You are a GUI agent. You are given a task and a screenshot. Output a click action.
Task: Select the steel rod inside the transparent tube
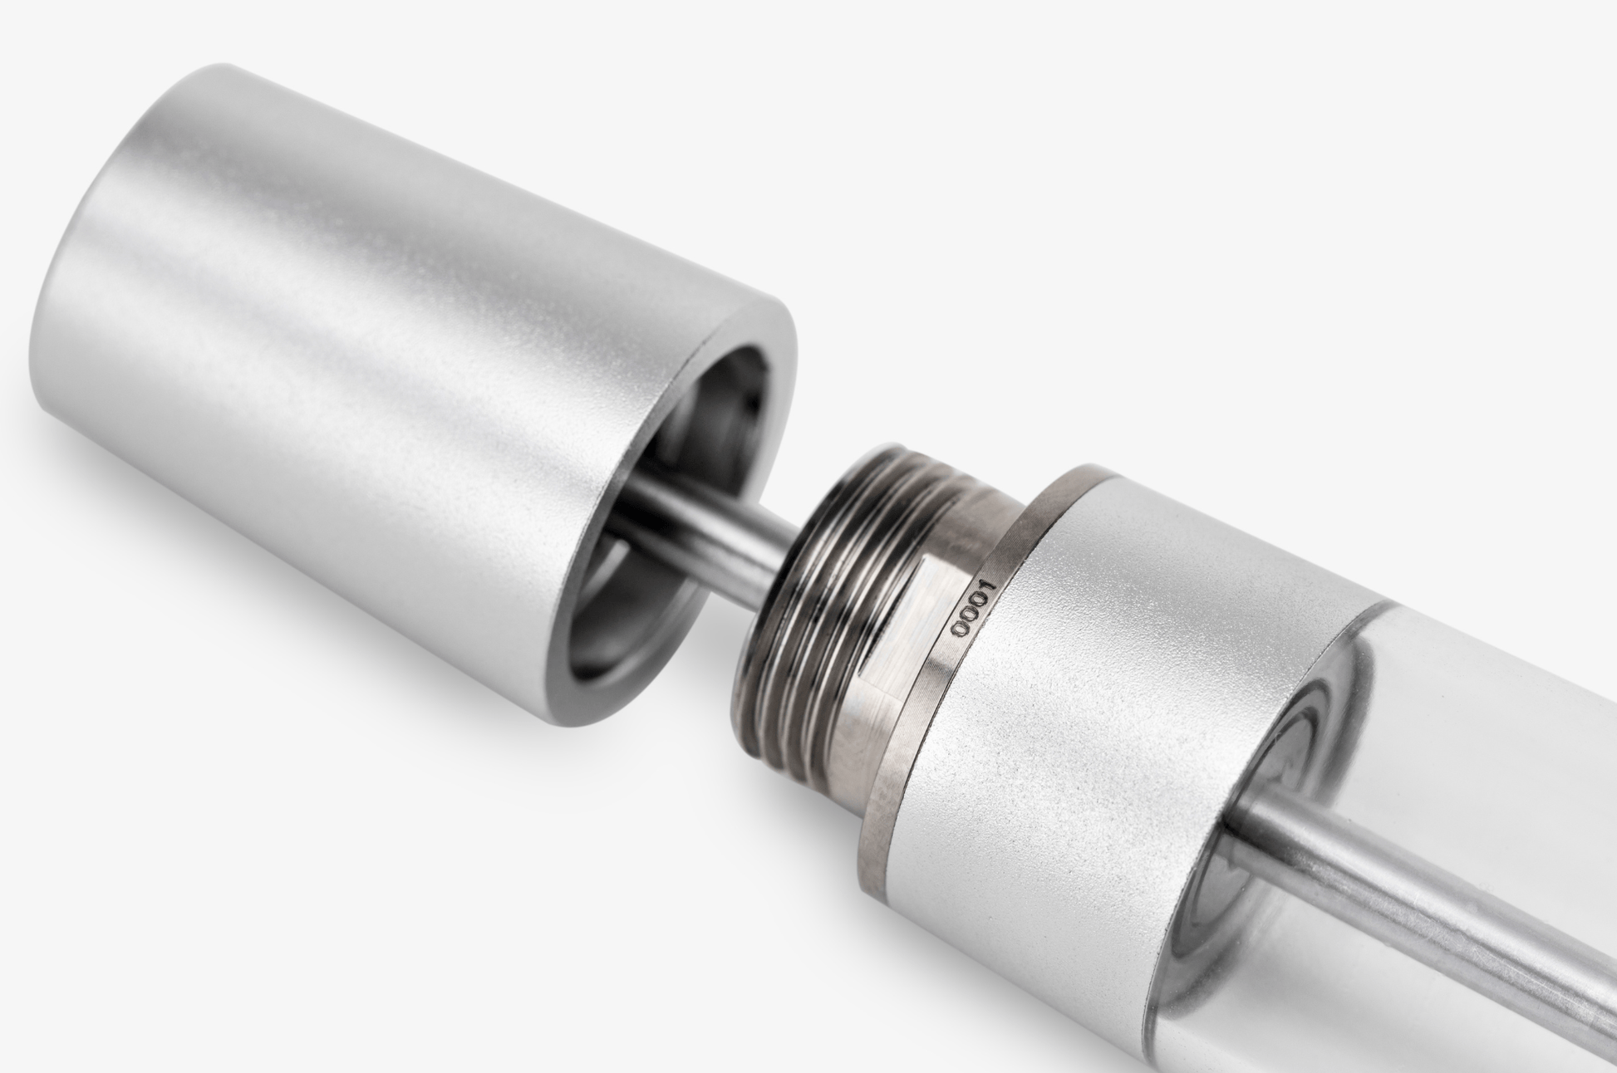coord(1413,897)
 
